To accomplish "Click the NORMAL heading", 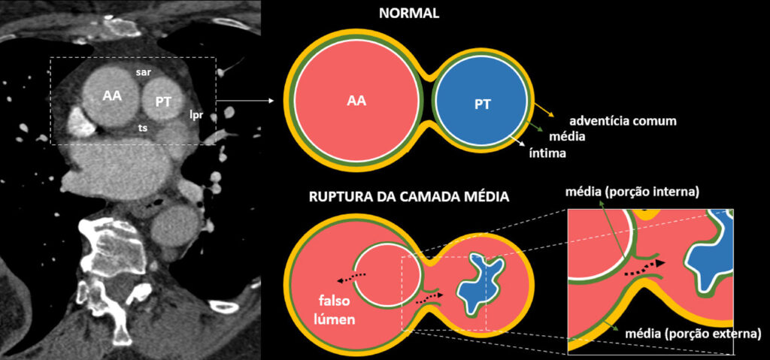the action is coord(408,14).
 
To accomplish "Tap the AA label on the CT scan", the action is coord(113,96).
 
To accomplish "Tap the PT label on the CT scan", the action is coord(163,102).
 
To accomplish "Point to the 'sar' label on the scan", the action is coord(144,71).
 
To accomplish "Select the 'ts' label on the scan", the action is coord(143,128).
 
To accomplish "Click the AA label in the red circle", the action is coord(356,101).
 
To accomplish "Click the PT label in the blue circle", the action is coord(483,104).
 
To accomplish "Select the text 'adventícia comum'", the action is coord(623,121).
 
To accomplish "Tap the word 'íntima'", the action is coord(547,153).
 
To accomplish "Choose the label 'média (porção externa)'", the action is coord(693,334).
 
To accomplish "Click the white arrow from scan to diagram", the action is coord(244,101).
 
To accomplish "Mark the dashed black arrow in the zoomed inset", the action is coord(644,268).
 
